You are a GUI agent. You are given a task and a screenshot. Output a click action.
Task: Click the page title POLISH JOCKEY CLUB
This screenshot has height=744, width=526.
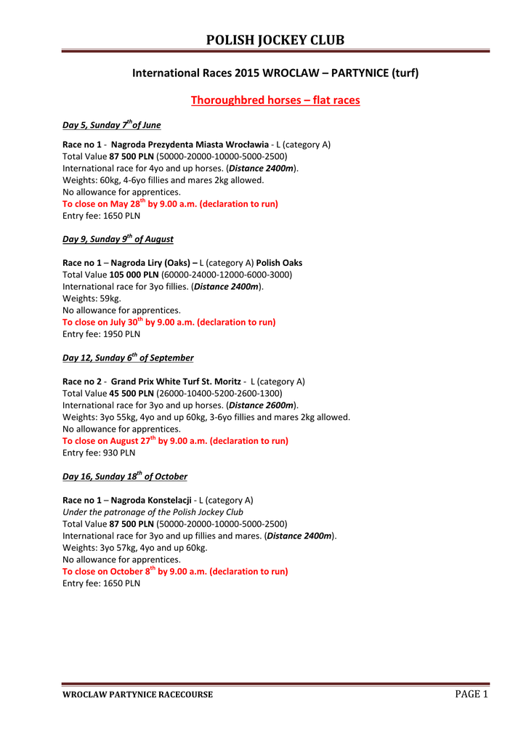pyautogui.click(x=275, y=40)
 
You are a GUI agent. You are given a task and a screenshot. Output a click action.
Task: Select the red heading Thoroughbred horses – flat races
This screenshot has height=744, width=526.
pyautogui.click(x=275, y=100)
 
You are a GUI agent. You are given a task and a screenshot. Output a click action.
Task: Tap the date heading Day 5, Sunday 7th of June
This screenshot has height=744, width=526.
pyautogui.click(x=112, y=125)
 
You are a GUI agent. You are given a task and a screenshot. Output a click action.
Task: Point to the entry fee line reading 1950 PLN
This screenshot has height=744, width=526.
pyautogui.click(x=102, y=334)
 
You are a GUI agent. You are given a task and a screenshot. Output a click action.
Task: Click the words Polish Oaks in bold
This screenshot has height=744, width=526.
pyautogui.click(x=280, y=263)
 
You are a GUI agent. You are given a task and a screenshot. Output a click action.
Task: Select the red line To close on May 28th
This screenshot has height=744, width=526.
pyautogui.click(x=170, y=204)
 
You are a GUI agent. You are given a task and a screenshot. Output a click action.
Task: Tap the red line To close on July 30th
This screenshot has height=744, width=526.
pyautogui.click(x=169, y=322)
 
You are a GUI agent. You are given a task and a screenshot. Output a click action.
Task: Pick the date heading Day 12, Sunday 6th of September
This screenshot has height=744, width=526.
pyautogui.click(x=129, y=357)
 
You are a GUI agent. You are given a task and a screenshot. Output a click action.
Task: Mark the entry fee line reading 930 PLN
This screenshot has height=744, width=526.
pyautogui.click(x=99, y=453)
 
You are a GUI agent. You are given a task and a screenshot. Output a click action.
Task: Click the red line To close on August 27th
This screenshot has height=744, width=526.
pyautogui.click(x=175, y=440)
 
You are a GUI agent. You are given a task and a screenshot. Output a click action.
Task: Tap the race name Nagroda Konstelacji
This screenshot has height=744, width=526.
pyautogui.click(x=151, y=500)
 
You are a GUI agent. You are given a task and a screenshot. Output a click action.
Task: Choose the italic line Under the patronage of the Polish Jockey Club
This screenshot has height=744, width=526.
pyautogui.click(x=153, y=511)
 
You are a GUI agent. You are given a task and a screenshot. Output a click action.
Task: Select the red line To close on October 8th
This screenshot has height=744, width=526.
pyautogui.click(x=175, y=571)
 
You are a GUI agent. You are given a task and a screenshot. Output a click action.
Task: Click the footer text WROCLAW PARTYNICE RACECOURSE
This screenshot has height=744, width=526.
pyautogui.click(x=137, y=695)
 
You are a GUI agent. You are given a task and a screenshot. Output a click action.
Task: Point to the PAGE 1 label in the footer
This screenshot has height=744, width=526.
pyautogui.click(x=472, y=694)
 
